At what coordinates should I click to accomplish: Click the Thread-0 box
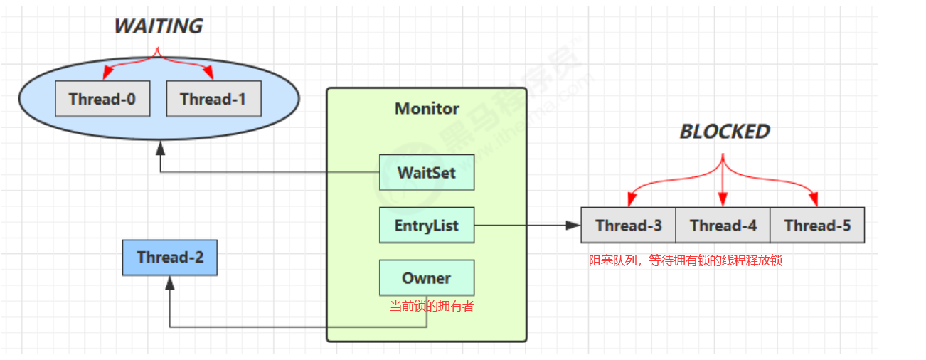[x=102, y=99]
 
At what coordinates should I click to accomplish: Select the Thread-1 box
[x=214, y=99]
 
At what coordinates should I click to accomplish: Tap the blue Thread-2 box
[x=170, y=258]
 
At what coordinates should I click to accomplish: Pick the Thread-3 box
[x=629, y=226]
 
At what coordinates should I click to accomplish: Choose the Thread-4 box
[x=723, y=226]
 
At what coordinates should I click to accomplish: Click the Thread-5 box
[x=817, y=226]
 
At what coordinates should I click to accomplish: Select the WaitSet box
[x=427, y=172]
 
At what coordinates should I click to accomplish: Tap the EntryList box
[x=427, y=226]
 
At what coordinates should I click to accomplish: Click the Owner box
[x=427, y=277]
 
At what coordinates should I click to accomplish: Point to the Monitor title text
[x=427, y=109]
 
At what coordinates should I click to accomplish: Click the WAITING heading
[x=159, y=26]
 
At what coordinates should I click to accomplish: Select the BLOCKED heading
[x=725, y=132]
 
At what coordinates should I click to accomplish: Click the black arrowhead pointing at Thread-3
[x=573, y=226]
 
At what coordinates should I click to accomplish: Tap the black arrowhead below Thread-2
[x=170, y=283]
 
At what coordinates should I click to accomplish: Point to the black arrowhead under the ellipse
[x=161, y=148]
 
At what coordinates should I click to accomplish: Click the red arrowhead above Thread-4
[x=723, y=200]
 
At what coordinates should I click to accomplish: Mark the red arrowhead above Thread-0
[x=107, y=73]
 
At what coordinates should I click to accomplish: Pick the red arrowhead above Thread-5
[x=814, y=199]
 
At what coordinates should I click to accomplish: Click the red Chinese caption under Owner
[x=432, y=306]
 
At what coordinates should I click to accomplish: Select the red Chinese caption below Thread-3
[x=686, y=260]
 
